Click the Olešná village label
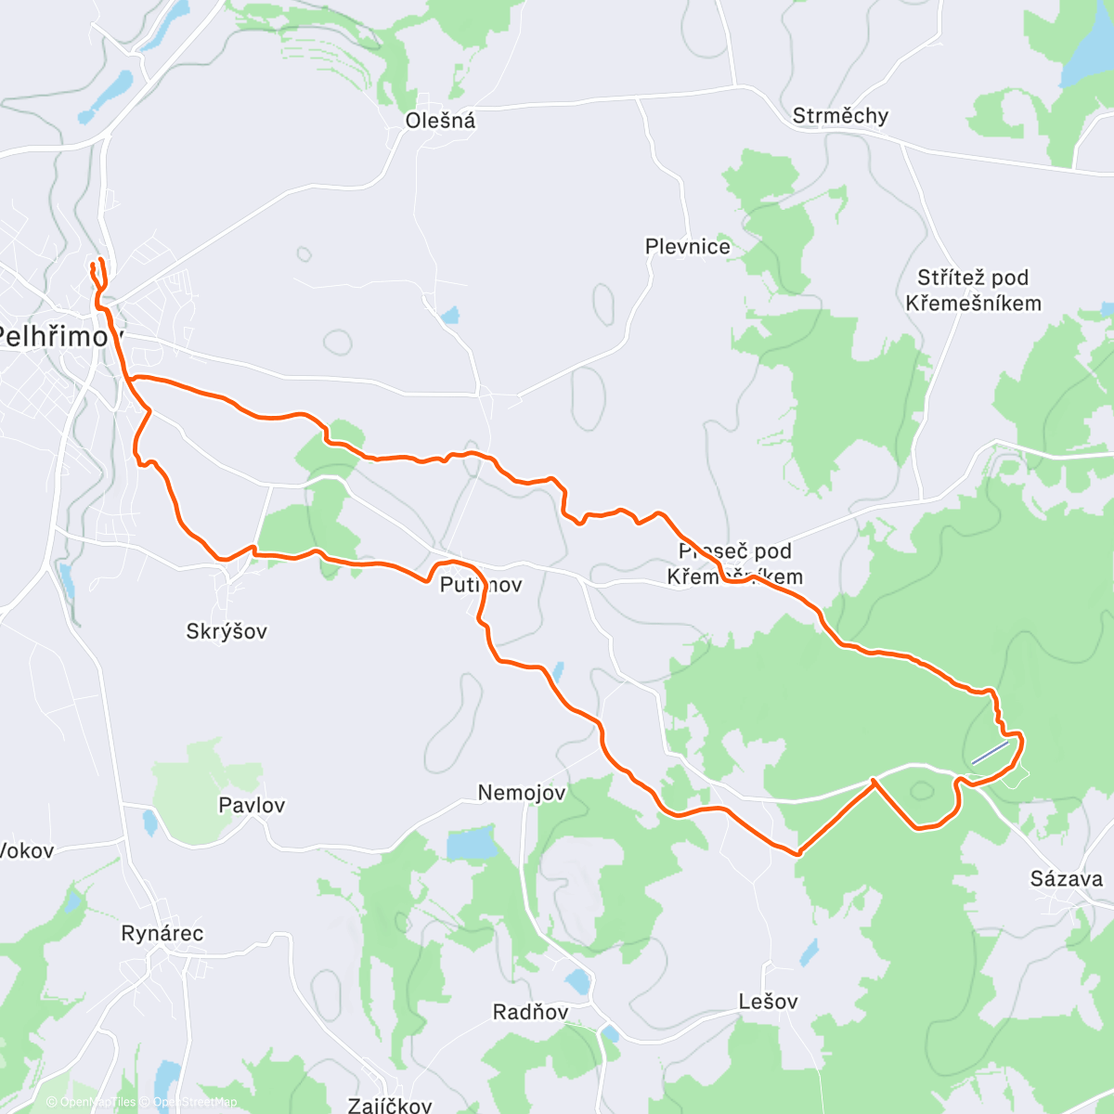[440, 121]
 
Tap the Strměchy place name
[840, 116]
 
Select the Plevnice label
[688, 247]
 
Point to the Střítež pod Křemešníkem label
[973, 291]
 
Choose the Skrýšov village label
[227, 631]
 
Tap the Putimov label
[481, 585]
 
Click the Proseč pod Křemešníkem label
[734, 563]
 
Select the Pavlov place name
[252, 805]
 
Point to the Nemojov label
[522, 793]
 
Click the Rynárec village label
[162, 934]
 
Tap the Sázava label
[1067, 879]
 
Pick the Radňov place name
[530, 1012]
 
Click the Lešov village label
[768, 1002]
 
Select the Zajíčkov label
[390, 1105]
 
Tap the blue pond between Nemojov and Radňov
[472, 846]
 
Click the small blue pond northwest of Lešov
[810, 952]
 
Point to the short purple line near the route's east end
[990, 752]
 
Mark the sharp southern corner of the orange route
[797, 852]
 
